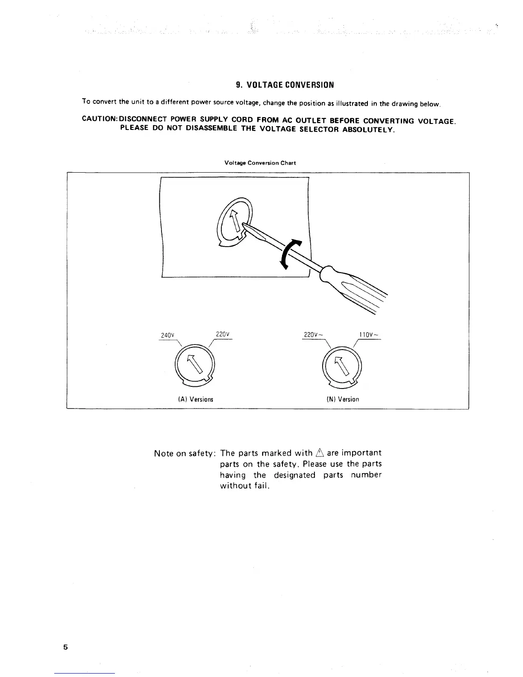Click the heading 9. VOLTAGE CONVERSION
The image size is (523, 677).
coord(285,85)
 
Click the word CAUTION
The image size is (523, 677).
coord(98,119)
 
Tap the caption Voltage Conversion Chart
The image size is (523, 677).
coord(260,163)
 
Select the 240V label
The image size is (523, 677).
coord(165,335)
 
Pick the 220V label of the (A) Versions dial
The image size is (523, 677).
coord(223,334)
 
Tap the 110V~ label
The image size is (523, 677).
coord(369,335)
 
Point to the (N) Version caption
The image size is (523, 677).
coord(343,399)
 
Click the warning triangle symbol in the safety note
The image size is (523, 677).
coord(320,453)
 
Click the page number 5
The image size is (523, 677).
coord(65,647)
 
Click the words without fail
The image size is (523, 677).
coord(244,486)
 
